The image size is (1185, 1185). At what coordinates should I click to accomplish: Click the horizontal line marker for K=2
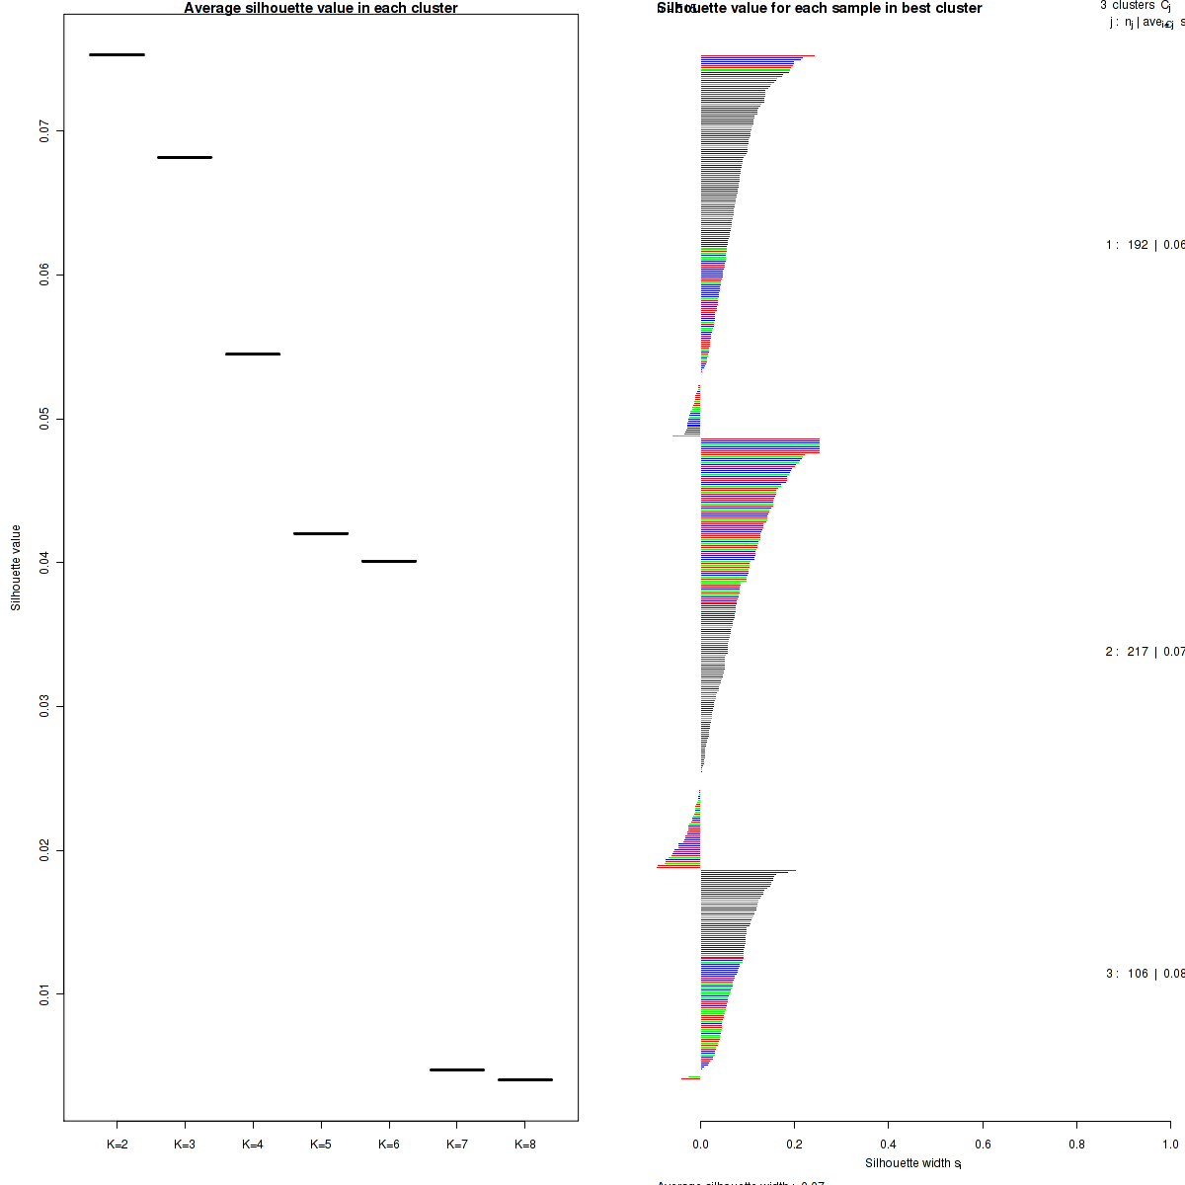pos(117,54)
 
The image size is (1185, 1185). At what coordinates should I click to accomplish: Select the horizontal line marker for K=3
pos(185,157)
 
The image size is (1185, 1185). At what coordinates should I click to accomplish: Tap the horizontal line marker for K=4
pos(253,354)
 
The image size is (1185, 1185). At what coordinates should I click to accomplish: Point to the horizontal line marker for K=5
pos(321,533)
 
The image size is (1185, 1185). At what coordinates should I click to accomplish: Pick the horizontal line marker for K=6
pos(389,561)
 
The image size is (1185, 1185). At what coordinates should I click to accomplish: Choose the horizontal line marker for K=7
pos(457,1069)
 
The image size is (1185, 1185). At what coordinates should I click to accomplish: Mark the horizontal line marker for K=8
pos(525,1079)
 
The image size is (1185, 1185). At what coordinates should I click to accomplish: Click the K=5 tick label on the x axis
pos(321,1145)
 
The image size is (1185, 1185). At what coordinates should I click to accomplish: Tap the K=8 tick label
pos(525,1145)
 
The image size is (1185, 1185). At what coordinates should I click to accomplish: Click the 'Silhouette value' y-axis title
pos(16,568)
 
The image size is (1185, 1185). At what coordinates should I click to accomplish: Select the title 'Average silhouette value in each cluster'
pos(321,8)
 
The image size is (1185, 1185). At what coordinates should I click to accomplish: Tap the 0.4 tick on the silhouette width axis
pos(889,1145)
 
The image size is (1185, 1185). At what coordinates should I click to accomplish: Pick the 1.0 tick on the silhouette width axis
pos(1170,1145)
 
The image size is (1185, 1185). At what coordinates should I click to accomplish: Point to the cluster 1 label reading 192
pos(1138,245)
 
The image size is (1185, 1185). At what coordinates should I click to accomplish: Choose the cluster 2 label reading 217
pos(1138,652)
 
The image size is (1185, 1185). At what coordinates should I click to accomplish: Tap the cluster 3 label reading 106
pos(1138,974)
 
